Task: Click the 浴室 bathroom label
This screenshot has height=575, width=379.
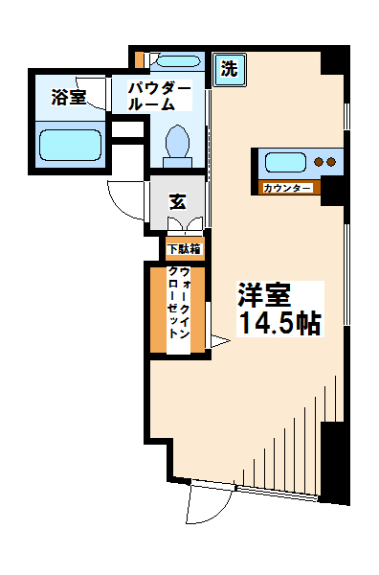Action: pos(70,96)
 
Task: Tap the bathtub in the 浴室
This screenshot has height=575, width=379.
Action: pos(70,147)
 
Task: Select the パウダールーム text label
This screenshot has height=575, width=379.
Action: pos(160,96)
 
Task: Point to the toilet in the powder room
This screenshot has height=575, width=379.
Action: pos(179,143)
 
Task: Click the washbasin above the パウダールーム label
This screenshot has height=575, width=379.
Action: pos(174,62)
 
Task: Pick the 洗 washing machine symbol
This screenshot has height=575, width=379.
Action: pos(229,69)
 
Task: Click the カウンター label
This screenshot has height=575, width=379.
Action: pos(287,188)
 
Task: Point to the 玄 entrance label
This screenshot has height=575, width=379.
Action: pos(178,201)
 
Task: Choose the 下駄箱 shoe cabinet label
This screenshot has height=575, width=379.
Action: pos(184,250)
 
